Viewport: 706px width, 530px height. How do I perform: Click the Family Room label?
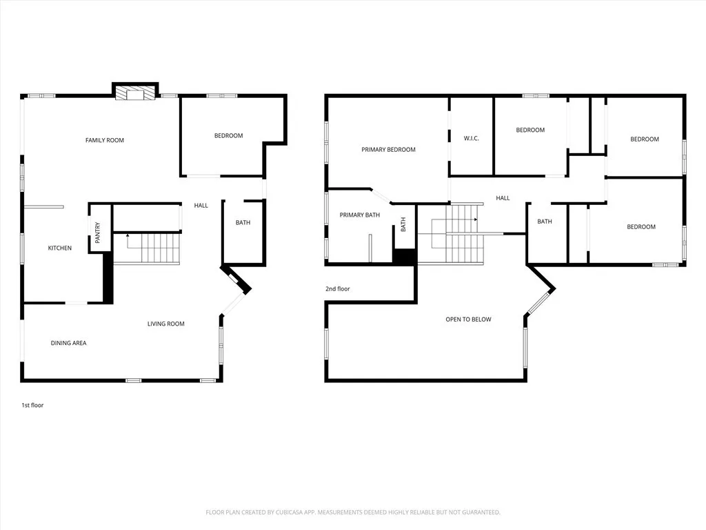pos(105,140)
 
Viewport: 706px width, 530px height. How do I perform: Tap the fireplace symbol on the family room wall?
pos(135,94)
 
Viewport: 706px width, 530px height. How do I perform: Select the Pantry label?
pos(98,232)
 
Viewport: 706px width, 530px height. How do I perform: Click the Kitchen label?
pos(59,248)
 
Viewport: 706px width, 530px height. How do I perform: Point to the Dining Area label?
pos(68,343)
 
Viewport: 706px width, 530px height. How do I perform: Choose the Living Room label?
pos(165,324)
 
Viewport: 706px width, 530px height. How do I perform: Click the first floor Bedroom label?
pos(228,135)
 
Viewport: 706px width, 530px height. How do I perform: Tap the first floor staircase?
pos(146,248)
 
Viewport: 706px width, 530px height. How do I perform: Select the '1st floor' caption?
pos(32,405)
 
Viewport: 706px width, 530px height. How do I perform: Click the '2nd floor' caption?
pos(338,288)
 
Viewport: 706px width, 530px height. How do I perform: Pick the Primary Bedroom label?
pos(388,149)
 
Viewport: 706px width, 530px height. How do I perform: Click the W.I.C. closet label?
pos(471,139)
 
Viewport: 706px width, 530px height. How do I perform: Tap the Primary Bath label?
pos(359,215)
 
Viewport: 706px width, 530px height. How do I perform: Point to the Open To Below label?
pos(468,319)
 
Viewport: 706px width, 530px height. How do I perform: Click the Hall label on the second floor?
pos(503,198)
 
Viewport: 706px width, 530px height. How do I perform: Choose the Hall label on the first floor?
pos(201,205)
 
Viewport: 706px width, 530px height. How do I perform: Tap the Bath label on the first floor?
pos(243,222)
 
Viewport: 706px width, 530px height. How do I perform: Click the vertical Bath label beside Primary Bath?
pos(403,224)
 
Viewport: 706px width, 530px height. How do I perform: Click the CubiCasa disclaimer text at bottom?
pos(353,512)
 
